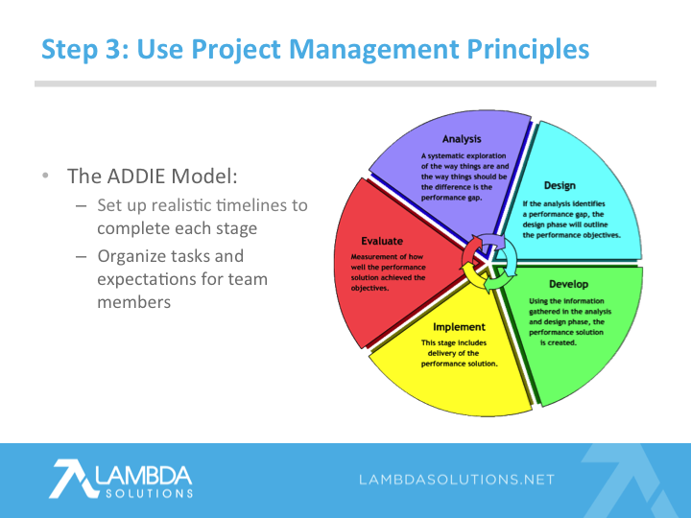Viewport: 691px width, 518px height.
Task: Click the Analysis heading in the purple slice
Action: [462, 139]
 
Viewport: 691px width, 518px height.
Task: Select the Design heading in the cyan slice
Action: [560, 185]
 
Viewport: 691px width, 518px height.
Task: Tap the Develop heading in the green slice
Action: [568, 284]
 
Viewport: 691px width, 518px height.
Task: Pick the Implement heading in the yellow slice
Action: [459, 327]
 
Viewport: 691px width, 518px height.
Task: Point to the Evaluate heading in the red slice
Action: [382, 241]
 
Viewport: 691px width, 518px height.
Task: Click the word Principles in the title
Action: [528, 49]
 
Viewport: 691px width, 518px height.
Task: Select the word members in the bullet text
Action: [134, 302]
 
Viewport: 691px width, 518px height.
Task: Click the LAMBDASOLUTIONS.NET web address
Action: [457, 480]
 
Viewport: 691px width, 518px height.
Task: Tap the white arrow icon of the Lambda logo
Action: [73, 479]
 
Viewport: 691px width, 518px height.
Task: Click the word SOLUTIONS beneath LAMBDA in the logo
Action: [150, 493]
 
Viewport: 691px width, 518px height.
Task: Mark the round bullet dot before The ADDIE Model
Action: [45, 176]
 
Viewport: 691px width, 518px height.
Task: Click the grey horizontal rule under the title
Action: [345, 83]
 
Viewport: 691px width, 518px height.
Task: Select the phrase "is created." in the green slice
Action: [559, 342]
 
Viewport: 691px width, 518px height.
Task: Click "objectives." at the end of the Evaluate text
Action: [369, 288]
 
